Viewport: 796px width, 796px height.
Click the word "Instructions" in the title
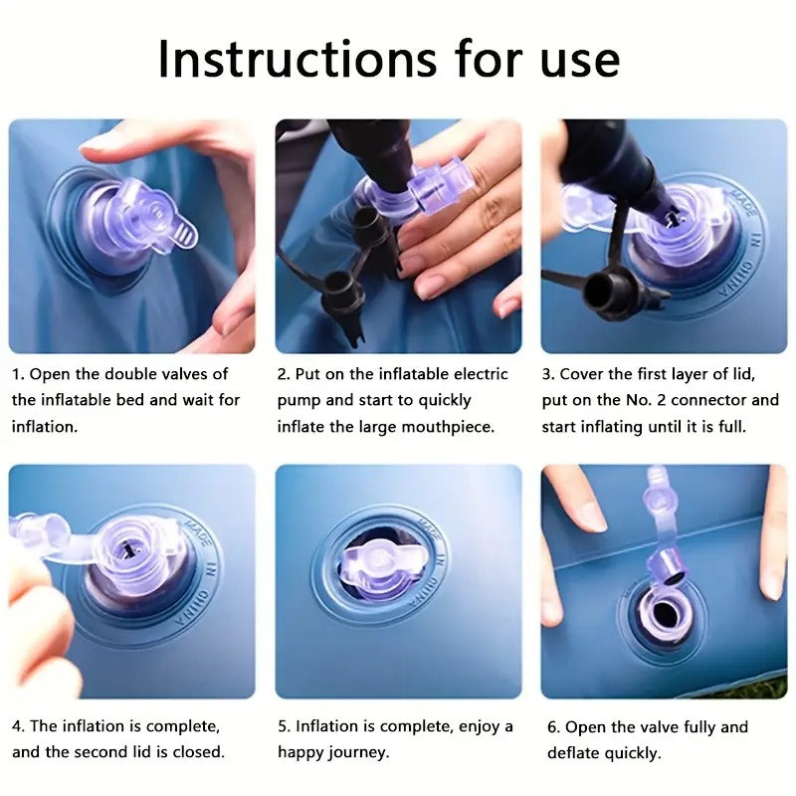pyautogui.click(x=298, y=59)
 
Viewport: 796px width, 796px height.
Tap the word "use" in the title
pyautogui.click(x=580, y=64)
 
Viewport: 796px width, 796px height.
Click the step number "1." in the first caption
pyautogui.click(x=18, y=374)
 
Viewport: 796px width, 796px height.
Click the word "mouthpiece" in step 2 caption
pyautogui.click(x=447, y=427)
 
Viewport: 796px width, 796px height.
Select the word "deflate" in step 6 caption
pyautogui.click(x=573, y=752)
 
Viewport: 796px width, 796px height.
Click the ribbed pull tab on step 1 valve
pyautogui.click(x=182, y=234)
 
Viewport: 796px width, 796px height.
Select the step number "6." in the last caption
pyautogui.click(x=554, y=726)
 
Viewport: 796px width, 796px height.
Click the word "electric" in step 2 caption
pyautogui.click(x=481, y=374)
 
